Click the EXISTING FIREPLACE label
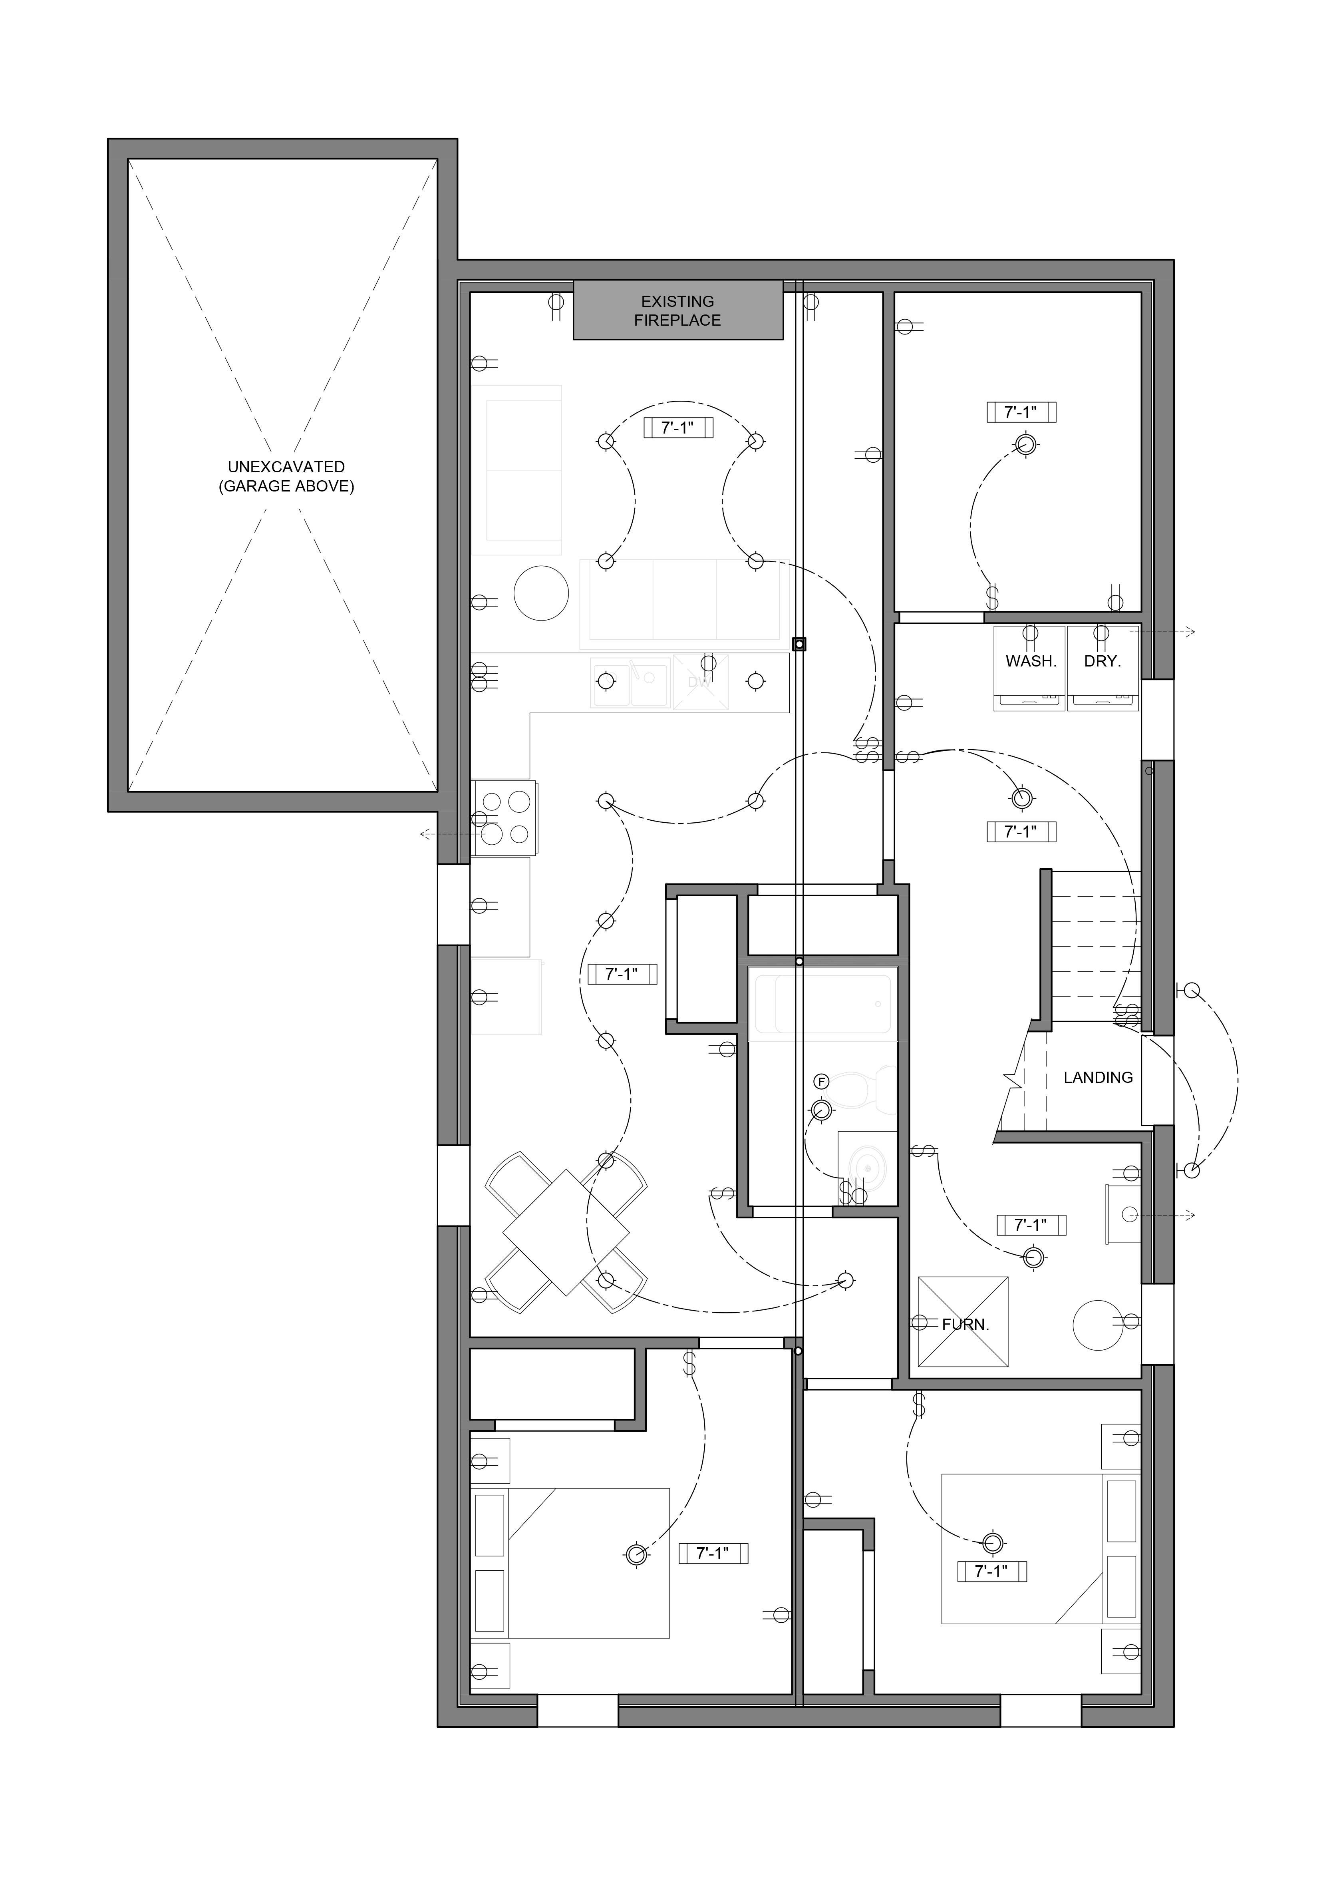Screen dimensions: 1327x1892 coord(677,310)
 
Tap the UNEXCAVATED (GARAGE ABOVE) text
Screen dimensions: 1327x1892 coord(286,476)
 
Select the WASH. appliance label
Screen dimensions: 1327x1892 coord(1031,661)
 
